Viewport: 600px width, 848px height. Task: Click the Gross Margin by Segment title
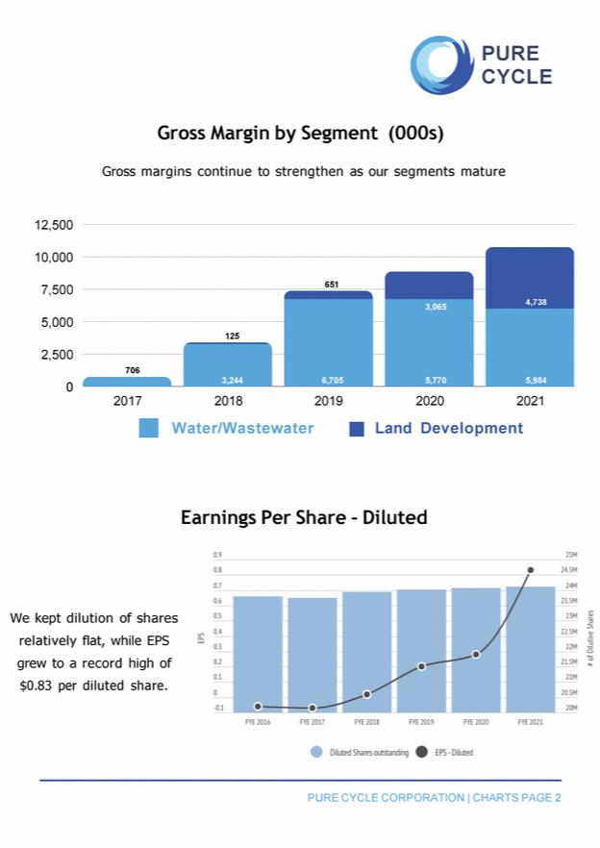pyautogui.click(x=300, y=133)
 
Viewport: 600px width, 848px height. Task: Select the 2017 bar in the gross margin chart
pyautogui.click(x=127, y=382)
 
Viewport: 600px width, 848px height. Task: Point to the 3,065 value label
pyautogui.click(x=430, y=307)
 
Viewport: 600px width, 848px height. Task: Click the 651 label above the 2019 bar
pyautogui.click(x=332, y=285)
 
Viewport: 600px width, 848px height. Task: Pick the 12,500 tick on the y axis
pyautogui.click(x=54, y=225)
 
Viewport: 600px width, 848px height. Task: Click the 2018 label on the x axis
pyautogui.click(x=228, y=401)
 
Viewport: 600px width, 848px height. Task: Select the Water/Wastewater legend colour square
pyautogui.click(x=149, y=429)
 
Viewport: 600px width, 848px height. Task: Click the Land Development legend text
pyautogui.click(x=449, y=429)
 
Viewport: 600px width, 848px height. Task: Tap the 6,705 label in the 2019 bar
pyautogui.click(x=329, y=380)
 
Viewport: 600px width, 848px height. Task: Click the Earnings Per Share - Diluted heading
pyautogui.click(x=304, y=518)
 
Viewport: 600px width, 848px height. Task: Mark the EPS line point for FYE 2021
pyautogui.click(x=530, y=570)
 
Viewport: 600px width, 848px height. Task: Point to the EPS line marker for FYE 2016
pyautogui.click(x=258, y=707)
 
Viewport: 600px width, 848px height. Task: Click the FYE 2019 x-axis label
pyautogui.click(x=421, y=721)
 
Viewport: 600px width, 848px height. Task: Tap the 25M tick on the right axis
pyautogui.click(x=570, y=555)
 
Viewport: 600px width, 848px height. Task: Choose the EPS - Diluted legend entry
pyautogui.click(x=447, y=753)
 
